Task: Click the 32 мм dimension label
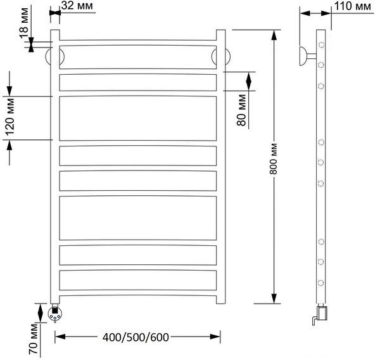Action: (77, 6)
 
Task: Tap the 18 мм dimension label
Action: (24, 23)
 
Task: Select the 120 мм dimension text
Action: (10, 117)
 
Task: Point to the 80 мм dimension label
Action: (242, 110)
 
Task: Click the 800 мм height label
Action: (274, 159)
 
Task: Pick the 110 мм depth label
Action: (353, 6)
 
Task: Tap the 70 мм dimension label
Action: (34, 339)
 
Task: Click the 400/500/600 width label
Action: (136, 337)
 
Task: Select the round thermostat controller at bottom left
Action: (54, 314)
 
